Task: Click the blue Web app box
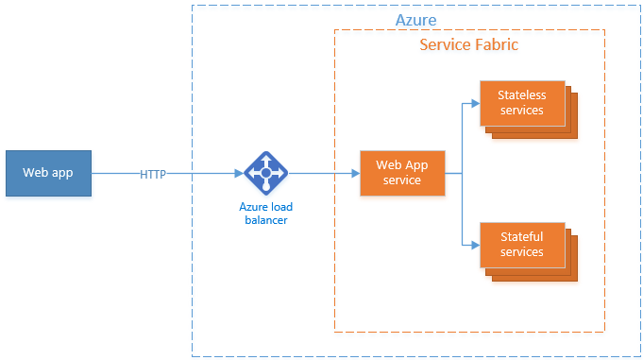[x=48, y=173]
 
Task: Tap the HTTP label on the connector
[x=154, y=174]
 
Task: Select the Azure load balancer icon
[x=265, y=173]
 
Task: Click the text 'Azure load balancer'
[x=265, y=212]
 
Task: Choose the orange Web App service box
[x=402, y=173]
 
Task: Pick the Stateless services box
[x=522, y=103]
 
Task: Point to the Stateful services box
[x=522, y=245]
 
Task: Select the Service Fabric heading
[x=468, y=44]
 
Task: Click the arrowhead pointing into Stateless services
[x=476, y=103]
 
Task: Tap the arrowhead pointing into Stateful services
[x=476, y=245]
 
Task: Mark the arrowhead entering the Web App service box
[x=355, y=174]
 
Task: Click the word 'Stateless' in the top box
[x=522, y=95]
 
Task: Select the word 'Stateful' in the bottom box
[x=522, y=237]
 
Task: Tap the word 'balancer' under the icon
[x=265, y=219]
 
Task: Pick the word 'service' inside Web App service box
[x=402, y=180]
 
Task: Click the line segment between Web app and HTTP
[x=115, y=174]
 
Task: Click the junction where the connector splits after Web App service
[x=462, y=174]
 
